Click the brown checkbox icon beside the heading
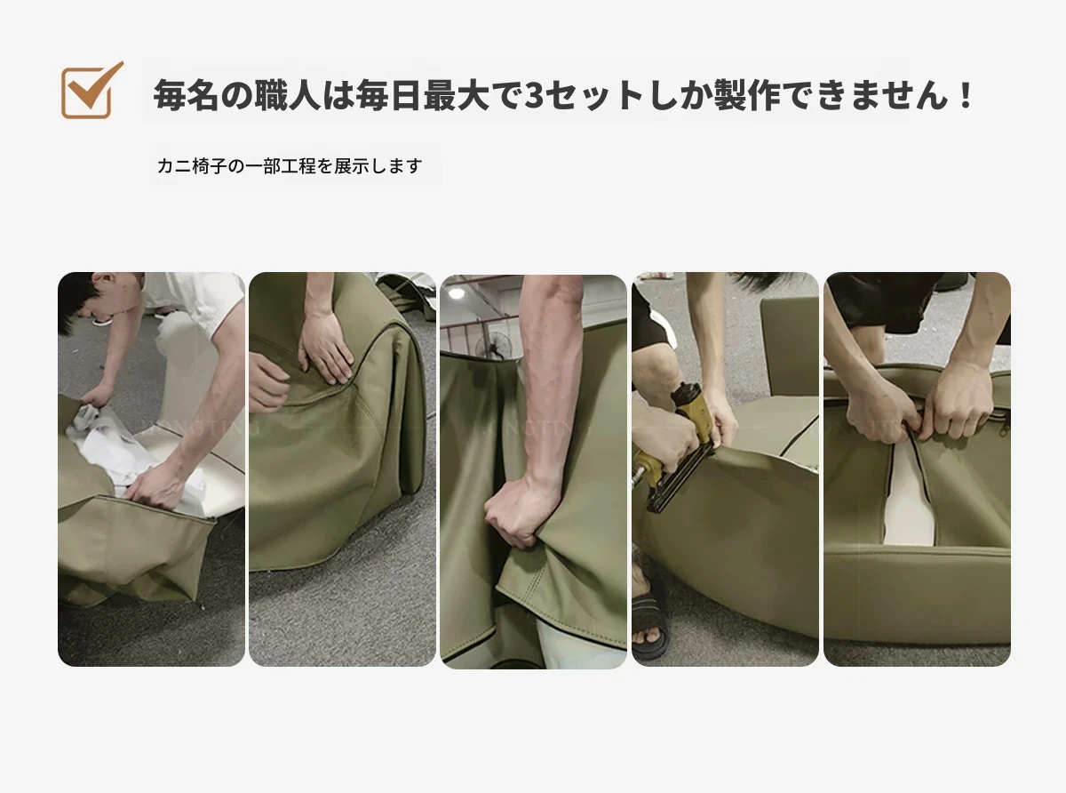pyautogui.click(x=91, y=91)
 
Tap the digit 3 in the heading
pyautogui.click(x=534, y=95)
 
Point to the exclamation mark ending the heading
pyautogui.click(x=965, y=95)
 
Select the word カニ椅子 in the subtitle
pyautogui.click(x=192, y=166)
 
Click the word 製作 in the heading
pyautogui.click(x=747, y=95)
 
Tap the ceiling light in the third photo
pyautogui.click(x=457, y=292)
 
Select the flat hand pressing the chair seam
pyautogui.click(x=327, y=347)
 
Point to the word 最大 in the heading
pyautogui.click(x=457, y=95)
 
